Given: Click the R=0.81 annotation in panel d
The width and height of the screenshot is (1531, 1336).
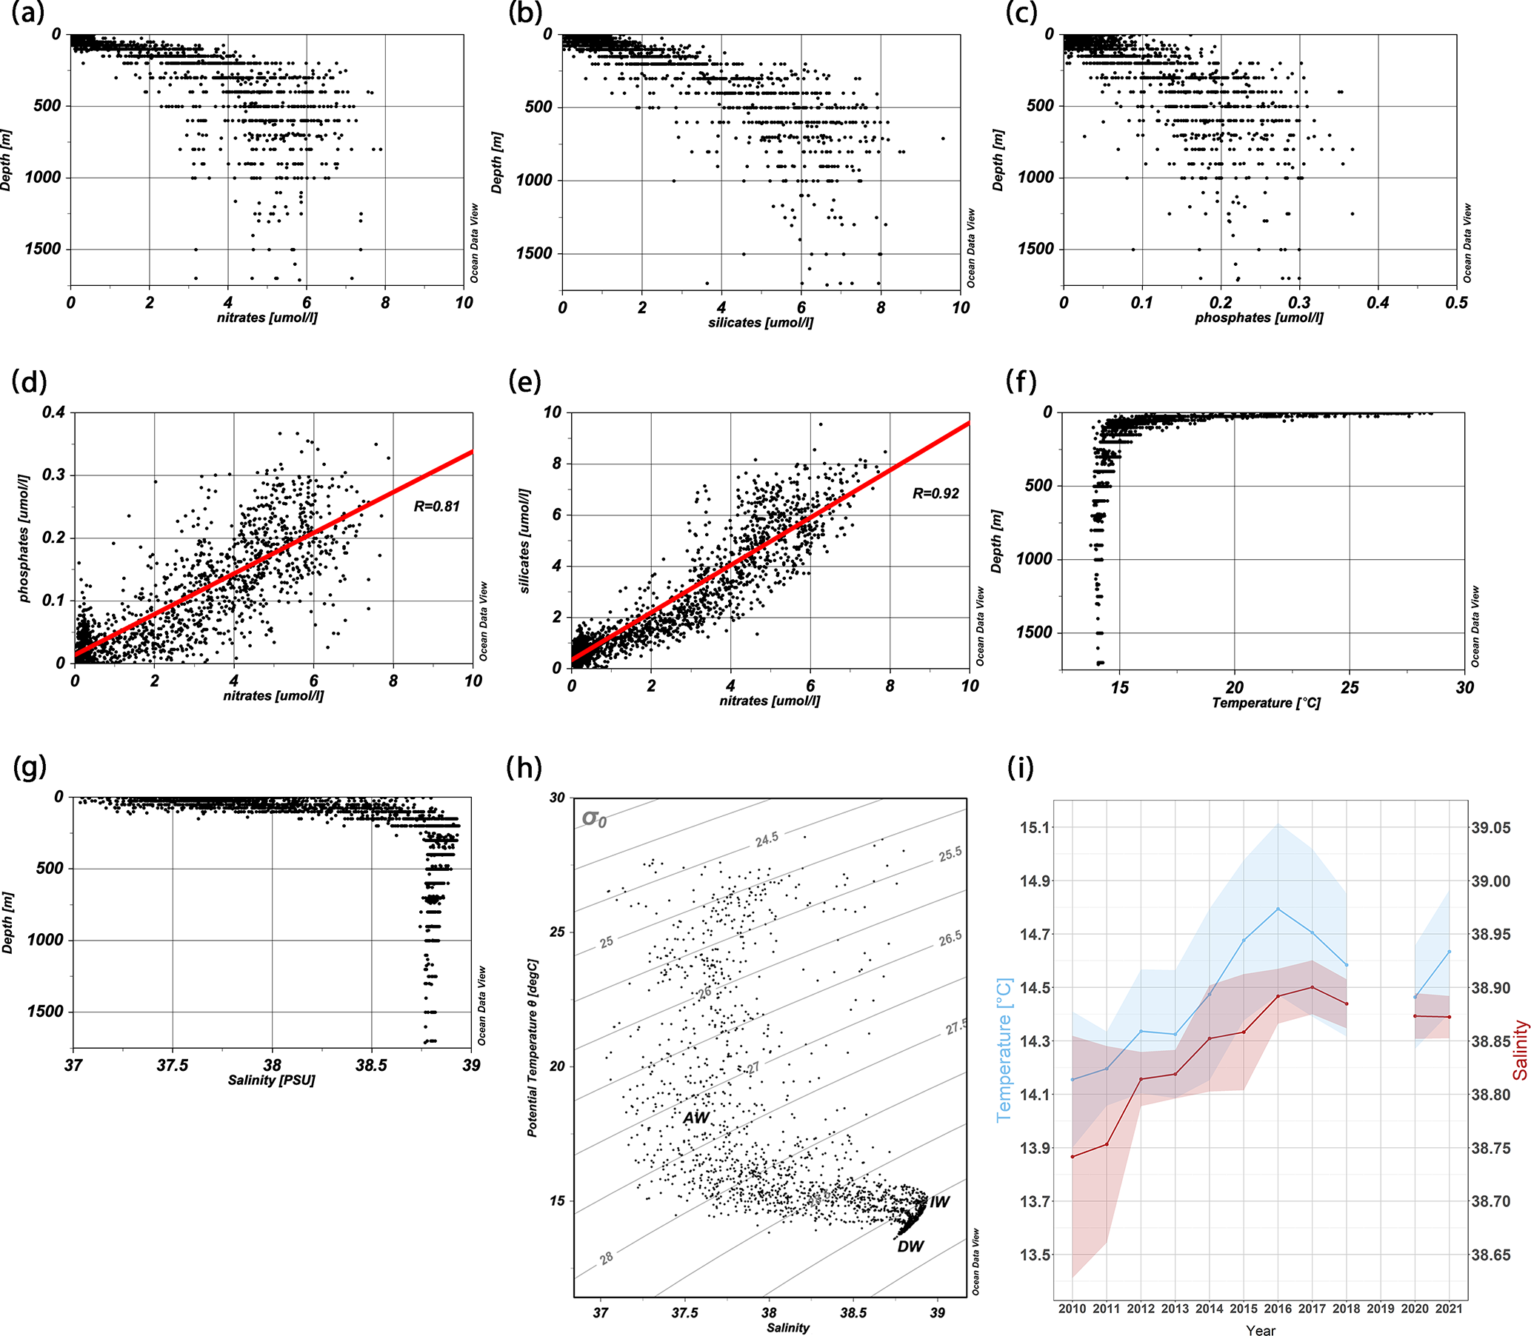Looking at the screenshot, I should (436, 507).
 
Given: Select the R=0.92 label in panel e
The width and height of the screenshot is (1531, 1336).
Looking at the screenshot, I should (935, 492).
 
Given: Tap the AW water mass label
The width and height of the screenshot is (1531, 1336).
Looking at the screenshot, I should (696, 1118).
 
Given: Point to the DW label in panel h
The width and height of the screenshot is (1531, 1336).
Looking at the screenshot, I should (910, 1246).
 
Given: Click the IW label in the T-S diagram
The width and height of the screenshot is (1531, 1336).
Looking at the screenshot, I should (940, 1202).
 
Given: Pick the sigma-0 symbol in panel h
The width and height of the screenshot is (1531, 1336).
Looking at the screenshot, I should (594, 818).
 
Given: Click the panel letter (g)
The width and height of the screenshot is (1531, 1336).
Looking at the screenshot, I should (30, 767).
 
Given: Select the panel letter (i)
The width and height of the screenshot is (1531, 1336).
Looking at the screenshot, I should (1020, 767).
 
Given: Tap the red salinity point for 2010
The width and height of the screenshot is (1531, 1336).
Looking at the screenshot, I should (1073, 1156).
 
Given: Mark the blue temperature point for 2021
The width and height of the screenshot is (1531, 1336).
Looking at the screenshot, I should (1449, 952).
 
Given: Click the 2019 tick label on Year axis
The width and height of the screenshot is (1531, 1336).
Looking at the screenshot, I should (1381, 1308).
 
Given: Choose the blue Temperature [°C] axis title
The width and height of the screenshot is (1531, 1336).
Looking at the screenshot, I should (1004, 1050).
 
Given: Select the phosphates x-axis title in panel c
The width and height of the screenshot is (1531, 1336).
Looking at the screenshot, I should (1259, 318).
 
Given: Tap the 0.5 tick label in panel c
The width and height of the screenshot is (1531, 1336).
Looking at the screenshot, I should (1455, 303).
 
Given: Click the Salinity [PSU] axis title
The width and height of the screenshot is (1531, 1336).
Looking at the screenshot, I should (271, 1081).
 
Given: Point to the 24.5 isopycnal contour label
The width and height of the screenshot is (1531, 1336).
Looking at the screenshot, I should (767, 840).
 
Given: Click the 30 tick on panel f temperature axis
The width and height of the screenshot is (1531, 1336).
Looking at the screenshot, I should (1464, 687).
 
